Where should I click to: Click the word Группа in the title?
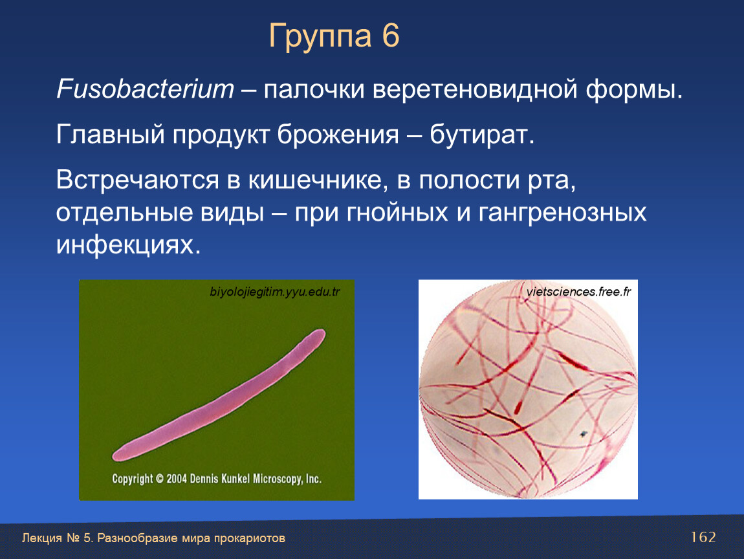click(320, 37)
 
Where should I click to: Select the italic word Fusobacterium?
click(145, 89)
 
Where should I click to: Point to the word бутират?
click(482, 135)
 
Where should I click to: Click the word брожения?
click(338, 135)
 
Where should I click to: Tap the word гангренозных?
click(562, 213)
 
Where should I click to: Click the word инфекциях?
click(128, 245)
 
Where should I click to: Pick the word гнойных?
click(398, 212)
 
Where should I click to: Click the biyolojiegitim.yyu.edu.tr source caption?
click(275, 292)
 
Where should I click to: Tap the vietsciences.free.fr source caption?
click(578, 291)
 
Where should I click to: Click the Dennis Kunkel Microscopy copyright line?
click(217, 479)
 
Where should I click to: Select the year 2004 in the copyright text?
click(176, 479)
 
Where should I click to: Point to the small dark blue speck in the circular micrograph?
click(583, 433)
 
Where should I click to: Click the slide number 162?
click(703, 537)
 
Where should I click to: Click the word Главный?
click(111, 135)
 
